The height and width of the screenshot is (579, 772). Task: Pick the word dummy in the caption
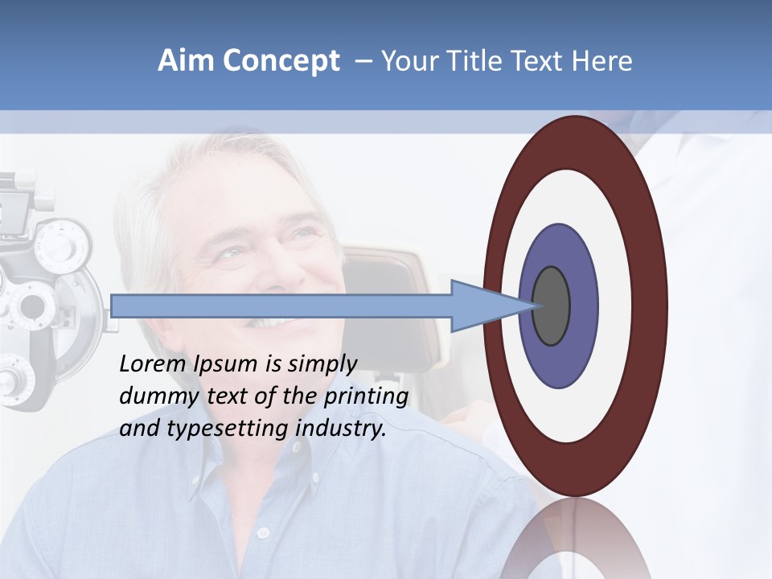(155, 396)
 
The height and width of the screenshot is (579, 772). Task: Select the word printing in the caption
(366, 397)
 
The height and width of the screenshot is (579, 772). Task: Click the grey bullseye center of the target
(552, 306)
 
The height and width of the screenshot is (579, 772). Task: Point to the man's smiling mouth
(273, 322)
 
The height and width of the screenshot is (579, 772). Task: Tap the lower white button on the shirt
(262, 532)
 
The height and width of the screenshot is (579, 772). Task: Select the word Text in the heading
(537, 61)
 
